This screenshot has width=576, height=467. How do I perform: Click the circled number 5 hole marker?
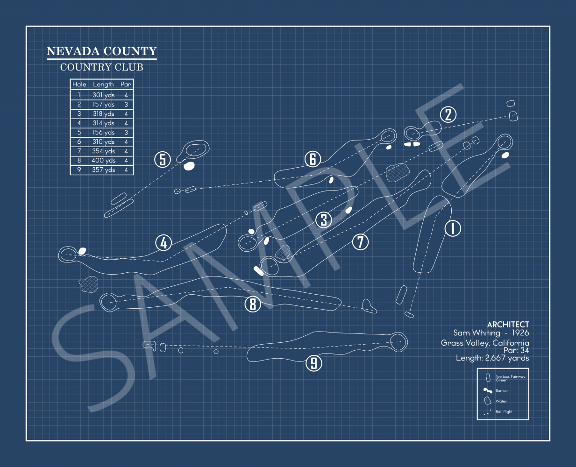(163, 159)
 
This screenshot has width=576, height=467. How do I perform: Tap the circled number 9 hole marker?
(313, 363)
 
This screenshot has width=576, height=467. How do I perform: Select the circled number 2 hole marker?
(448, 114)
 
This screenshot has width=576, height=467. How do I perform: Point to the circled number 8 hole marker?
(253, 304)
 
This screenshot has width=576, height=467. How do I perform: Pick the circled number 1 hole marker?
(453, 228)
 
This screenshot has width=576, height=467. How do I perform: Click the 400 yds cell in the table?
(104, 161)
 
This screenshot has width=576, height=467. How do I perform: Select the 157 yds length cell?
(103, 105)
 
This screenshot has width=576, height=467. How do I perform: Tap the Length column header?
(103, 85)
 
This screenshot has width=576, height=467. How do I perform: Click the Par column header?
(126, 85)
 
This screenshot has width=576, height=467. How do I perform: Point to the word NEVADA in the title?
(73, 51)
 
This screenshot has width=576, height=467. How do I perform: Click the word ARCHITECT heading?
(508, 325)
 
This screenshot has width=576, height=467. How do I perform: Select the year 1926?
(520, 333)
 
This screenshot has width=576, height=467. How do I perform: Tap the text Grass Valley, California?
(485, 343)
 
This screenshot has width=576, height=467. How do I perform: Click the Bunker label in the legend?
(502, 390)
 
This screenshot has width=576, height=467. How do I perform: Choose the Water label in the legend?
(501, 401)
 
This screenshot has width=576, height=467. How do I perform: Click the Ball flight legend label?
(504, 411)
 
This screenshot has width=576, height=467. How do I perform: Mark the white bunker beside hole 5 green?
(189, 166)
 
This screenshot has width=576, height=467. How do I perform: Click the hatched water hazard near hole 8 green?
(89, 284)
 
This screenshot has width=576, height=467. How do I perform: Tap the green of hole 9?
(398, 342)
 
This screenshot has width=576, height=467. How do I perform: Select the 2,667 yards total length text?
(507, 358)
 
